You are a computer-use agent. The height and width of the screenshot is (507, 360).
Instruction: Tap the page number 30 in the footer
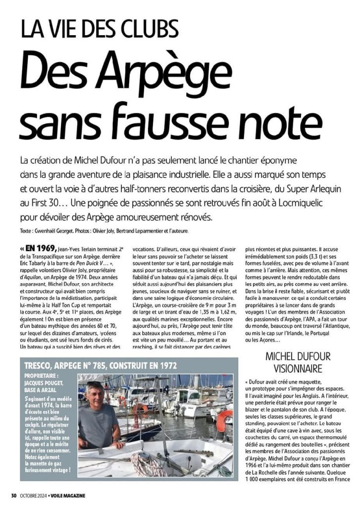[14, 495]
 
